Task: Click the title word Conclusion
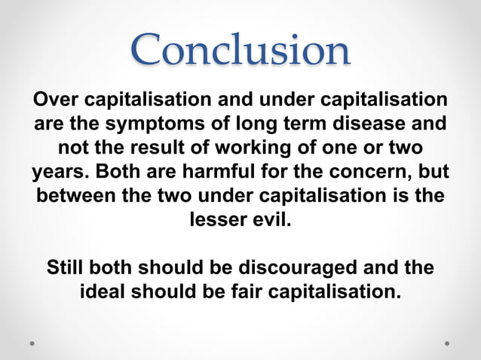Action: [240, 50]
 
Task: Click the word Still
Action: [67, 268]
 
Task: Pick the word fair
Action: [228, 291]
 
